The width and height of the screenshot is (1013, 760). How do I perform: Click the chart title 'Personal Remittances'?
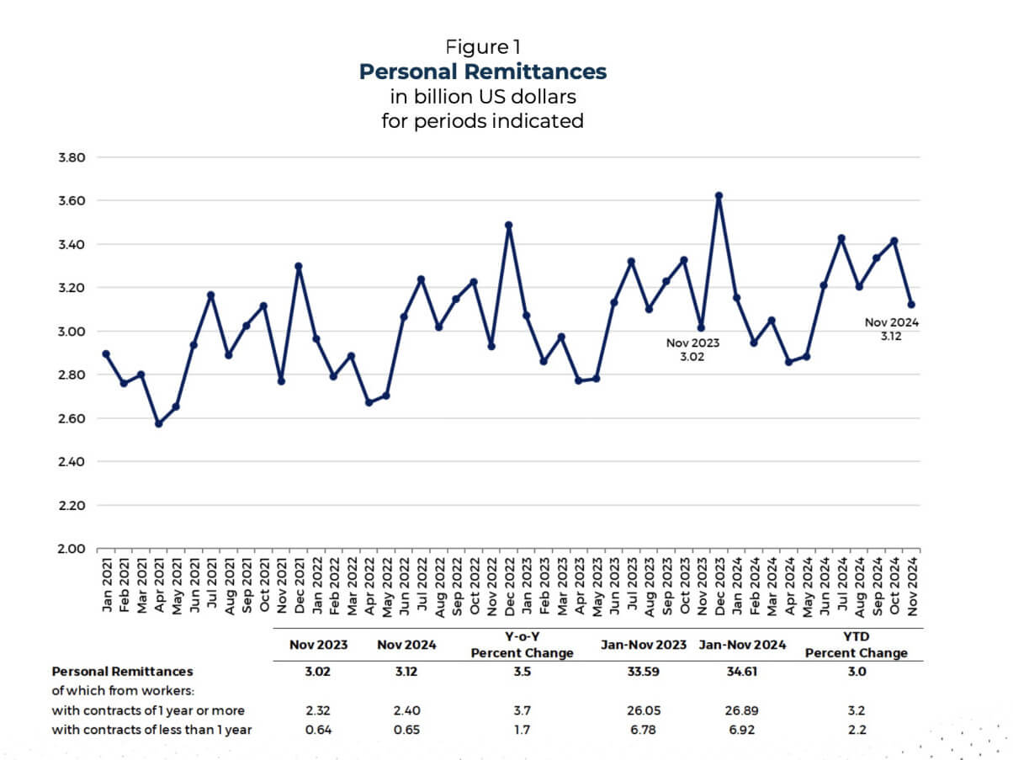coord(482,72)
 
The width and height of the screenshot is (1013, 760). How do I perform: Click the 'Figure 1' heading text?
coord(482,46)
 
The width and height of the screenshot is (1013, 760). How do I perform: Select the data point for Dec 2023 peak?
coord(719,196)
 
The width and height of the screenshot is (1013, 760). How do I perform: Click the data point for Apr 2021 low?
coord(158,423)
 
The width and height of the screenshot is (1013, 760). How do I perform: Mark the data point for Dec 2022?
coord(508,226)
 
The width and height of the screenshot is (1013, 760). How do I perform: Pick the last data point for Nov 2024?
coord(911,305)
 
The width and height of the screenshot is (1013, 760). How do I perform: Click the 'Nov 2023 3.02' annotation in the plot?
coord(692,350)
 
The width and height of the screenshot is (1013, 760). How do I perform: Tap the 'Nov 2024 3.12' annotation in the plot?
coord(892,329)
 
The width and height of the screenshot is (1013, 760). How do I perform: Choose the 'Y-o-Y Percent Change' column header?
coord(522,646)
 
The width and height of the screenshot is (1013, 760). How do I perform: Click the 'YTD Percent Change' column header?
coord(856,646)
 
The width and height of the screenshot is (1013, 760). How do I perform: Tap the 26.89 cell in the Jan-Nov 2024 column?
coord(741,710)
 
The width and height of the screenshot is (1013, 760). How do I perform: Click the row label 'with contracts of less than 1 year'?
coord(151,730)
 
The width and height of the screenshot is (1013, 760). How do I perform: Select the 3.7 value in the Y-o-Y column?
coord(522,710)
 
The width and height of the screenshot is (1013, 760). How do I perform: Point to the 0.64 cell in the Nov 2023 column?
coord(319,730)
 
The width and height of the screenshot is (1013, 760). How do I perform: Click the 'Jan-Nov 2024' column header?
coord(741,646)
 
